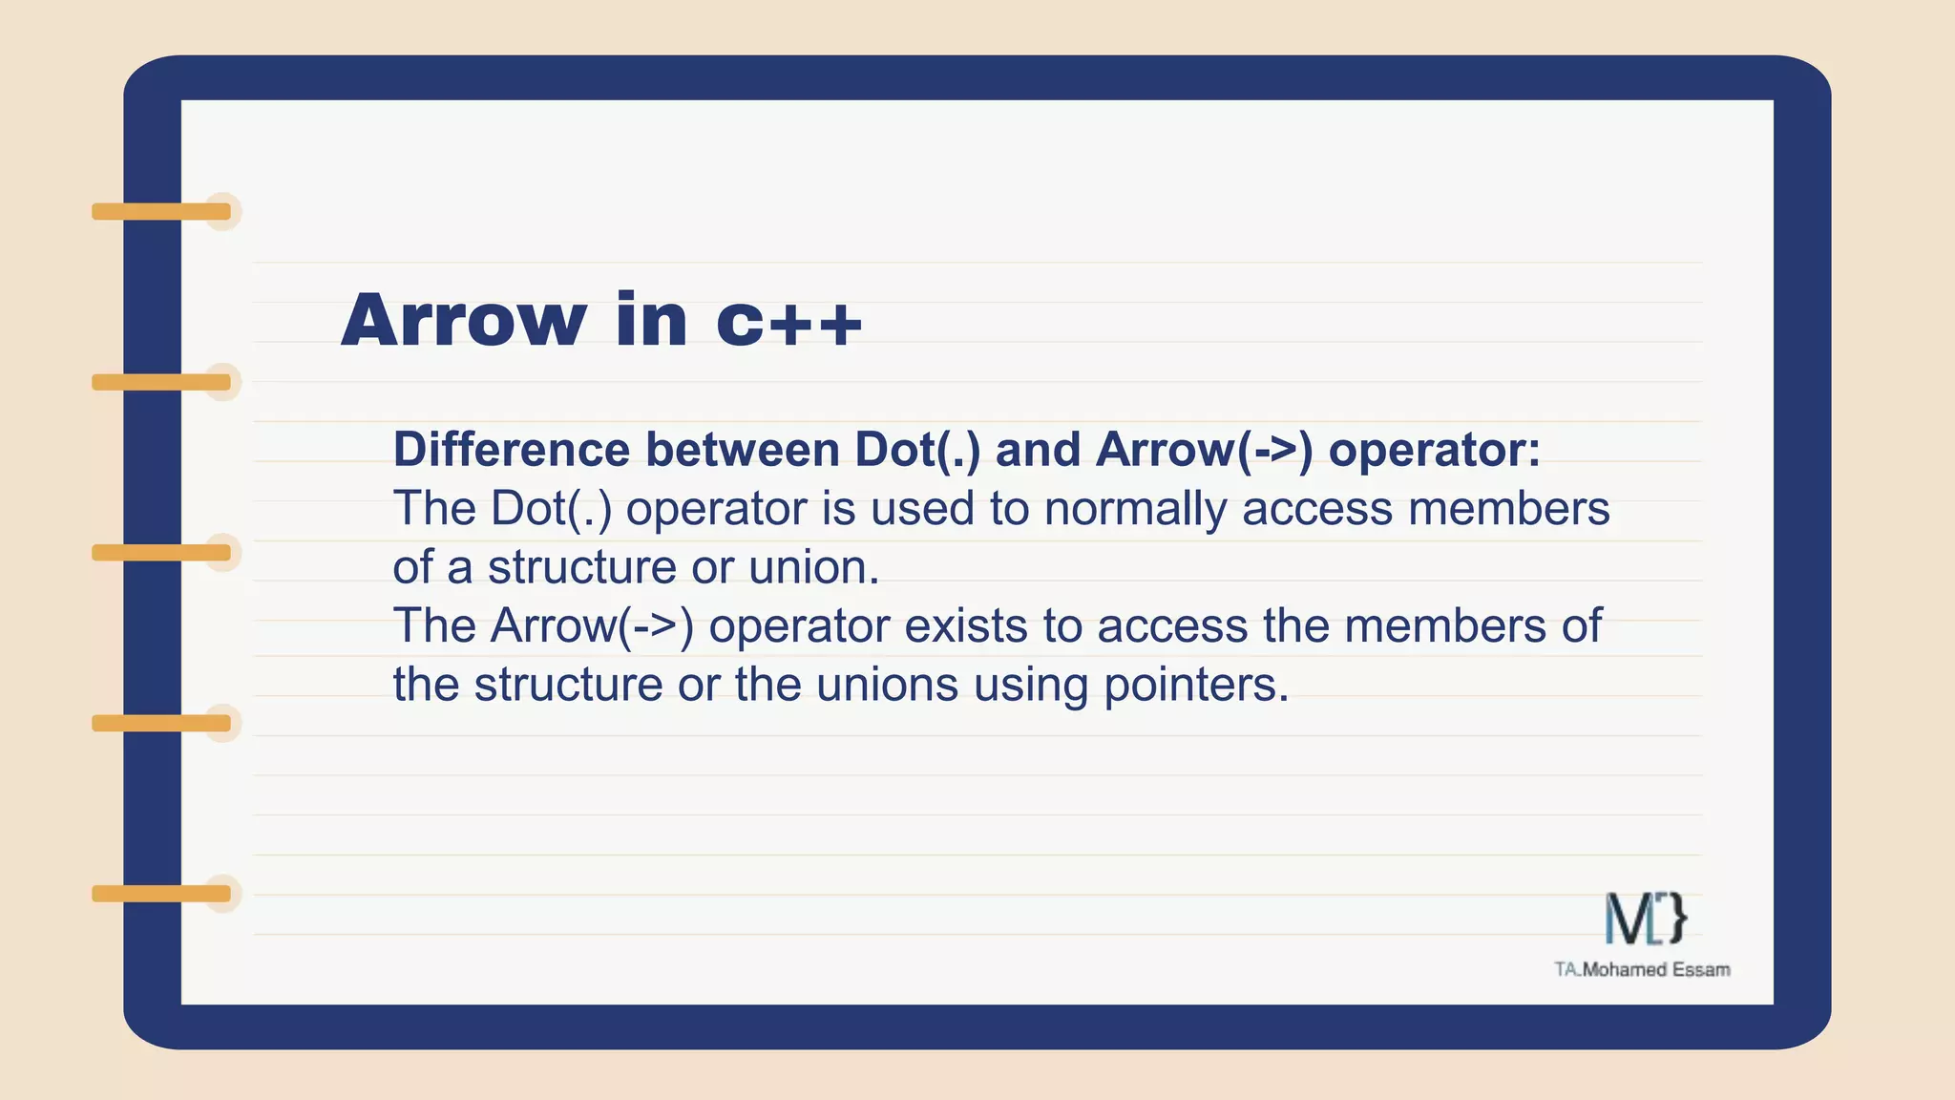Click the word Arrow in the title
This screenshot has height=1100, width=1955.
point(464,321)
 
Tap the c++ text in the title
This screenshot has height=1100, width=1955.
point(789,321)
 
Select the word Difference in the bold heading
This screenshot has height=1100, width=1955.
point(512,450)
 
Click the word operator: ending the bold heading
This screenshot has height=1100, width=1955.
point(1434,450)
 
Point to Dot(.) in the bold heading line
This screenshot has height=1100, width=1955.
point(917,450)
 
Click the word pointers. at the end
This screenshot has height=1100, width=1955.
point(1196,685)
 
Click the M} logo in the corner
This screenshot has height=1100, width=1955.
point(1646,919)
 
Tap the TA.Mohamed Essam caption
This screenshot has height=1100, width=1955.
point(1642,969)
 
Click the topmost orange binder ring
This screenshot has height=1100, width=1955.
point(162,211)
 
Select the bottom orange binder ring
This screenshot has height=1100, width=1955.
point(162,894)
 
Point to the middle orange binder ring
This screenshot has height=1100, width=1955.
point(162,553)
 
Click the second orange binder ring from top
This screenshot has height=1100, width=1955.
point(162,382)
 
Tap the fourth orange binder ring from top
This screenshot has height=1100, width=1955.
point(162,723)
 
